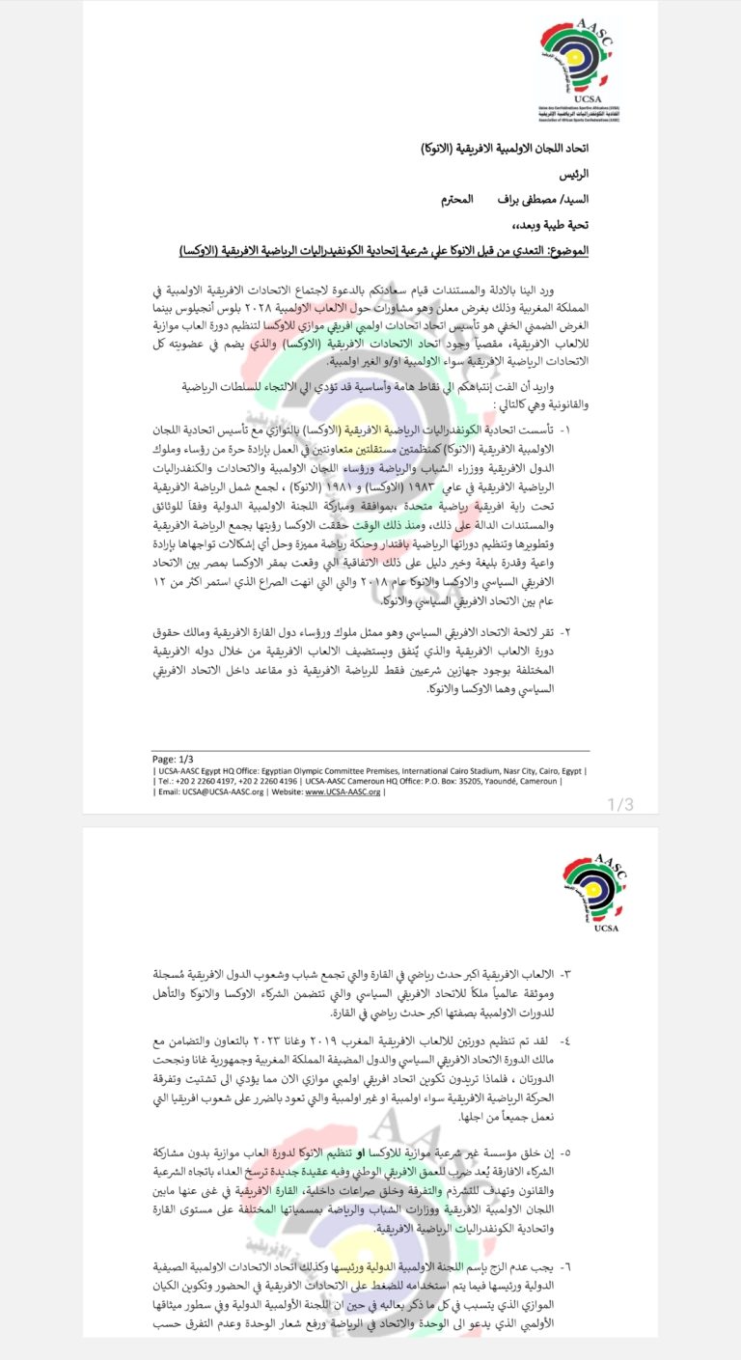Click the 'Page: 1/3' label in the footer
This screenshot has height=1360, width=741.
pos(177,759)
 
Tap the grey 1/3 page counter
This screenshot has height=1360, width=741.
pos(619,803)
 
